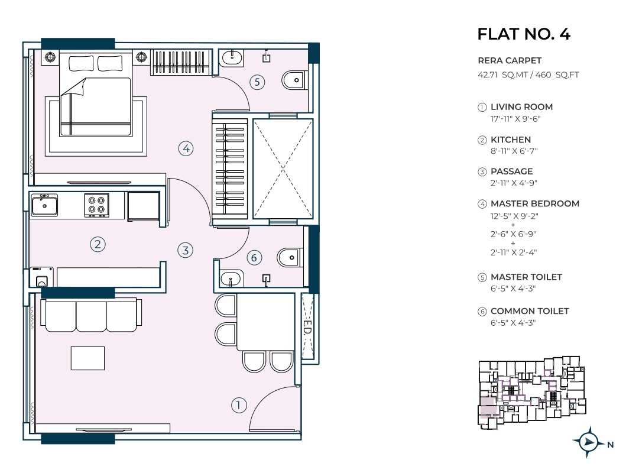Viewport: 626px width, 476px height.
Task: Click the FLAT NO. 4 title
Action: point(523,34)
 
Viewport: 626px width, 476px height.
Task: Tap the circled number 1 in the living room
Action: point(238,405)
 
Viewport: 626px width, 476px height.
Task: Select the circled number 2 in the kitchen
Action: point(98,244)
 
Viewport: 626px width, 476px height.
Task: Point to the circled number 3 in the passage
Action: point(186,250)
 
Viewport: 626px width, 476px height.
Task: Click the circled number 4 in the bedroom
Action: point(186,148)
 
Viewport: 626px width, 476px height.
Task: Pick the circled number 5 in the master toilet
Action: point(257,82)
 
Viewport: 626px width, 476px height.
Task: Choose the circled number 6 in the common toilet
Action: point(254,257)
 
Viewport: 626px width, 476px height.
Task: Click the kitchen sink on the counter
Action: point(44,205)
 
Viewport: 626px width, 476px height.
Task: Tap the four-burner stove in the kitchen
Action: point(97,205)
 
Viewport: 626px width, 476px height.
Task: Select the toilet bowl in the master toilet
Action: point(293,80)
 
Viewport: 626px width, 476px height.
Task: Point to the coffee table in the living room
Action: point(87,358)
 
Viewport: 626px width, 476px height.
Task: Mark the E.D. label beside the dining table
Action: point(307,327)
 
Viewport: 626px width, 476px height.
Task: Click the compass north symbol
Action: point(588,442)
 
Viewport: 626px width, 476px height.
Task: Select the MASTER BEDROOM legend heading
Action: point(534,203)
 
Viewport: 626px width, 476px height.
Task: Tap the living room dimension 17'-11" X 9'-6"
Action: point(512,118)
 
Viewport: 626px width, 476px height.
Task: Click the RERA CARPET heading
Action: point(510,60)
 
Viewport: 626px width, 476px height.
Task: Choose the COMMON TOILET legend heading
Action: point(530,311)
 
